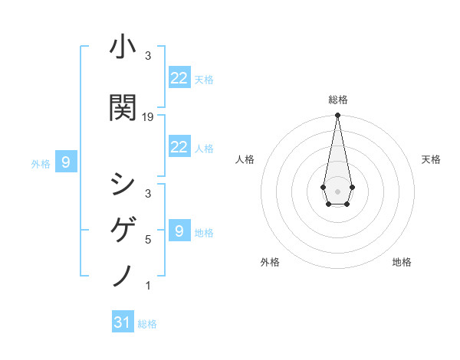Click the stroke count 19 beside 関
coord(149,116)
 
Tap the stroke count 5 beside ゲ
coord(148,239)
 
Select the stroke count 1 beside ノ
coord(148,286)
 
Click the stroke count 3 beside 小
coord(148,55)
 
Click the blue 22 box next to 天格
coord(179,78)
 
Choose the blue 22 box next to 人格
coord(179,147)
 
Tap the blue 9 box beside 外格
coord(66,162)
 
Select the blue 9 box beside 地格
coord(179,231)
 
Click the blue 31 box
coord(123,322)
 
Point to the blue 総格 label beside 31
coord(147,324)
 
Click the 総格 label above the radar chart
coord(337,100)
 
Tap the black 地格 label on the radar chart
coord(402,262)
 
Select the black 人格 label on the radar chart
coord(245,159)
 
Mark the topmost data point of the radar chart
coord(337,116)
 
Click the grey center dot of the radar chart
coord(337,190)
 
